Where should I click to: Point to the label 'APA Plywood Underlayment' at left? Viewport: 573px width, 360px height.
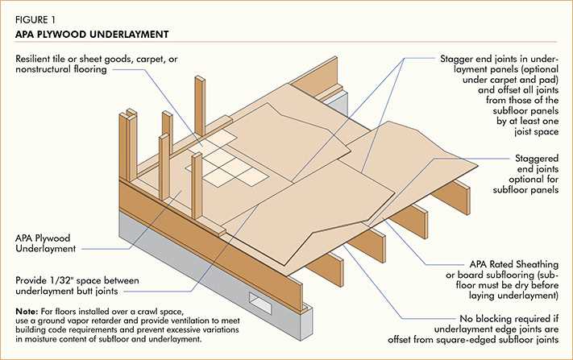pyautogui.click(x=50, y=245)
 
